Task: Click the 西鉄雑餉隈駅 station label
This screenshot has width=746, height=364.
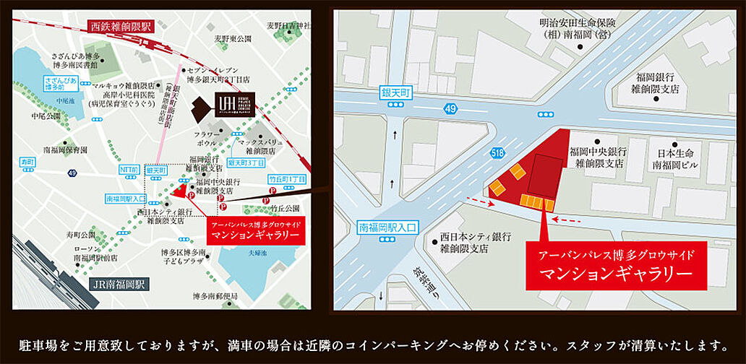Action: click(121, 26)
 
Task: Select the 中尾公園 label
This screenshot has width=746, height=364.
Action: click(44, 115)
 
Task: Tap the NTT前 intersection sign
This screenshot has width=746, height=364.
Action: click(127, 170)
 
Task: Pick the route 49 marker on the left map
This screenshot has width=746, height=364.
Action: click(72, 173)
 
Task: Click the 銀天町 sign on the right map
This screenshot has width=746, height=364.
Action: click(396, 93)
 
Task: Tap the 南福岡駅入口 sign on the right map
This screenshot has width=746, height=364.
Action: click(388, 227)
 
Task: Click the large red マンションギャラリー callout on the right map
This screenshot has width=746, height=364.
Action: click(616, 266)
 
